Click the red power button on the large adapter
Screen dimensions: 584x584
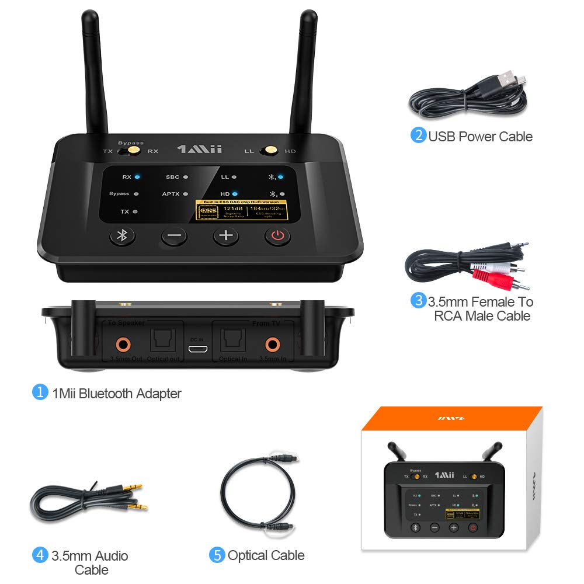pyautogui.click(x=277, y=237)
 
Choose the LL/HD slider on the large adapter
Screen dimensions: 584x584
pyautogui.click(x=270, y=151)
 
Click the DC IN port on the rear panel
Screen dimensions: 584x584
pyautogui.click(x=198, y=349)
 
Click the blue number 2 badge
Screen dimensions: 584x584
pyautogui.click(x=418, y=135)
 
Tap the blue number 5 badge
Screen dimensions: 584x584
pyautogui.click(x=217, y=555)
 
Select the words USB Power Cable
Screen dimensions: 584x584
pyautogui.click(x=480, y=137)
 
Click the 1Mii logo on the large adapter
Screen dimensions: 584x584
pyautogui.click(x=199, y=150)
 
